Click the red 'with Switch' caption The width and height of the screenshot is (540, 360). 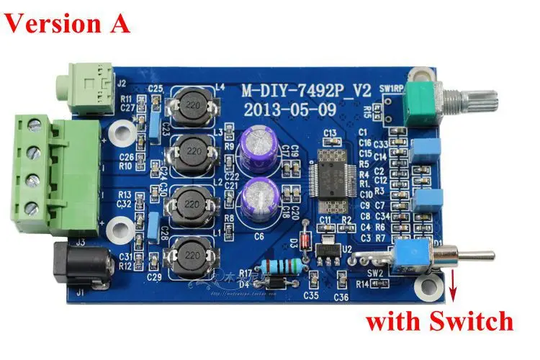point(438,320)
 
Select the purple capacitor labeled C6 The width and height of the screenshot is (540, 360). point(258,195)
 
